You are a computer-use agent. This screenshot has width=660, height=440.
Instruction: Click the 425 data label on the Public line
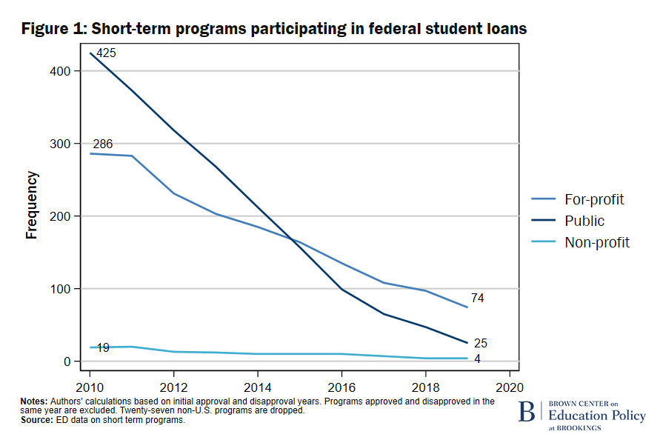coord(107,53)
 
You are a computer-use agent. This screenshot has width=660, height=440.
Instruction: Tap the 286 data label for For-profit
coord(103,144)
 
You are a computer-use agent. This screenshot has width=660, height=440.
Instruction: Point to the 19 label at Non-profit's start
coord(103,347)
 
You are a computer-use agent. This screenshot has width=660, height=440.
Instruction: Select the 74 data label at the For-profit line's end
coord(478,298)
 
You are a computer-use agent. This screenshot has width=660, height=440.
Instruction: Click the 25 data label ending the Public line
coord(480,343)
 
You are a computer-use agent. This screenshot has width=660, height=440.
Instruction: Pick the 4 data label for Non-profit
coord(476,360)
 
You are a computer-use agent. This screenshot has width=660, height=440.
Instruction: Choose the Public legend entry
coord(584,221)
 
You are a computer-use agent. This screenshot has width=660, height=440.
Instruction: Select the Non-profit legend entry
coord(597,242)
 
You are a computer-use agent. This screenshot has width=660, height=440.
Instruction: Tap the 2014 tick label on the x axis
coord(257,387)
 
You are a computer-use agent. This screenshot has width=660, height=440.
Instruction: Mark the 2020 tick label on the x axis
coord(510,387)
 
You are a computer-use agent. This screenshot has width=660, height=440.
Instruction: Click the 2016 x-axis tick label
coord(341,387)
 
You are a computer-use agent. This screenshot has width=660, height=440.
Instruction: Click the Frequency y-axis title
coord(32,205)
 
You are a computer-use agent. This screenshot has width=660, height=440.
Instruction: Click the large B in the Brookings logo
coord(528,412)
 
